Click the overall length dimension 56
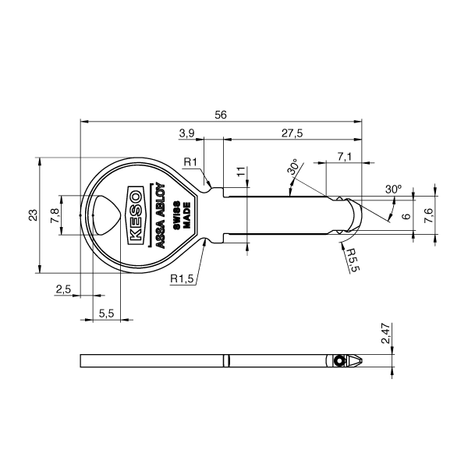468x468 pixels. click(x=221, y=115)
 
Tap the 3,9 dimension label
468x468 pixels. click(x=186, y=133)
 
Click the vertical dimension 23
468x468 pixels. click(x=32, y=215)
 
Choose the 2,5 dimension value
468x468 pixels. click(x=64, y=289)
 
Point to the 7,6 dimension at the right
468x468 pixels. click(x=428, y=215)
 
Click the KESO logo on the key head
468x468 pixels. click(x=134, y=214)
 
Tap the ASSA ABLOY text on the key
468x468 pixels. click(x=157, y=214)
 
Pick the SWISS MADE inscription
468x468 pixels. click(x=182, y=214)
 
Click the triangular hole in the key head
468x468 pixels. click(x=103, y=214)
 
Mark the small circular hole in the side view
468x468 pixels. click(x=339, y=361)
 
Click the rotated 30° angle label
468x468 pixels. click(x=293, y=168)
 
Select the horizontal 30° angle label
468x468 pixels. click(x=393, y=190)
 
